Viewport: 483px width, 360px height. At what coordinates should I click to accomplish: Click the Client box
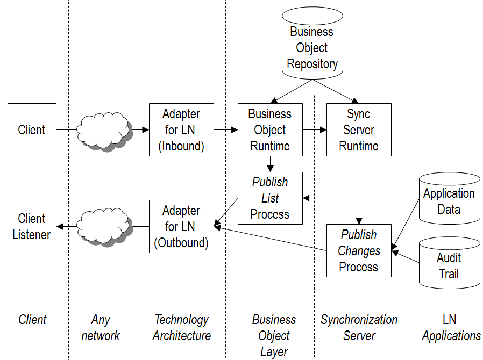32,129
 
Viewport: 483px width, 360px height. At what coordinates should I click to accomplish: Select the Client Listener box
32,226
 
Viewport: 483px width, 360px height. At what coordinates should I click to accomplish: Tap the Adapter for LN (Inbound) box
181,129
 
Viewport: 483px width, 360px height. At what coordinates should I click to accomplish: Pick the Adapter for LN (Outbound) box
181,226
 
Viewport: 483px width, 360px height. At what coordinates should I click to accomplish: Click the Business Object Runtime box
270,129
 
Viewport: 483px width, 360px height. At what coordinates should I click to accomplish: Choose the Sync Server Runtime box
359,129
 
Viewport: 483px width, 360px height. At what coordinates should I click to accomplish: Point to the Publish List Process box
270,198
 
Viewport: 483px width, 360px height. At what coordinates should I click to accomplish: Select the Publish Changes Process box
359,250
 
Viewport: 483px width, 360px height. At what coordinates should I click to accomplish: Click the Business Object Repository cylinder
312,47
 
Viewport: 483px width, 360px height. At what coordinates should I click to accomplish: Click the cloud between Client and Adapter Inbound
104,129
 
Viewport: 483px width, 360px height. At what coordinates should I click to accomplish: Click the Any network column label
101,328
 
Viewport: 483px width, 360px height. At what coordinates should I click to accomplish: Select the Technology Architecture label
181,328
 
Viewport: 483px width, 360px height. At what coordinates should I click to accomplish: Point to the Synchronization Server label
359,328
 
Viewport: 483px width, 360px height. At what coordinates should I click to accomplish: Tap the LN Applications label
451,328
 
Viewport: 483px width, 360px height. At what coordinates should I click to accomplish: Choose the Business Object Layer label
274,336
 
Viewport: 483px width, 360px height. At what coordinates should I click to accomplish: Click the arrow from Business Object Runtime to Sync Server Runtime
315,129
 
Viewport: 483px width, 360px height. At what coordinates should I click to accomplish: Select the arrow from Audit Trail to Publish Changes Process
406,256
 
